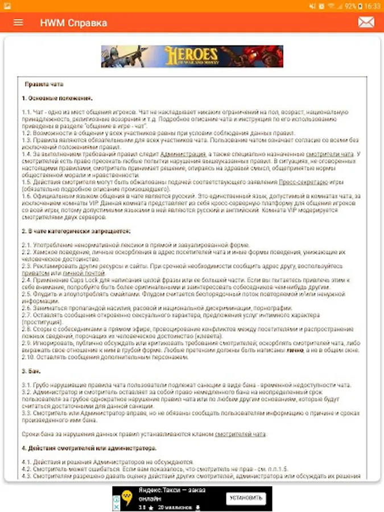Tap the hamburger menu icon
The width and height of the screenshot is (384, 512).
coord(18,23)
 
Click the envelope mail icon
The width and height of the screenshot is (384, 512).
coord(366,22)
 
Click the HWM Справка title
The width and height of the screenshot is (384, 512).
coord(73,23)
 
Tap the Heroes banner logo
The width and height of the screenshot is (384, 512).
coord(192,56)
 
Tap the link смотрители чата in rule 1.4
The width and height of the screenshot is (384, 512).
coord(329,154)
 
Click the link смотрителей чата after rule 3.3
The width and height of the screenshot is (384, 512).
coord(240,434)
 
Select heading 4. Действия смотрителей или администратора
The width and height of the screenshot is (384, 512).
coord(81,448)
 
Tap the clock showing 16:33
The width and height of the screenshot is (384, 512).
coord(373,6)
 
